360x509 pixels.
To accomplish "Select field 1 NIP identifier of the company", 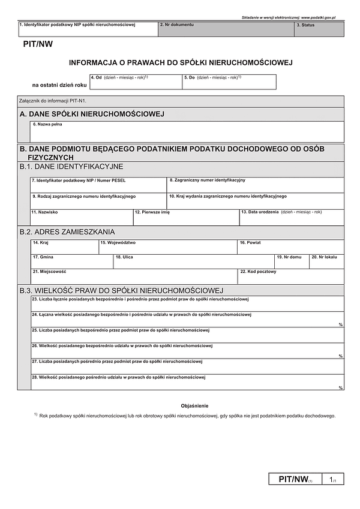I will pyautogui.click(x=88, y=29).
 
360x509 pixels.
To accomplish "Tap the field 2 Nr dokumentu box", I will pyautogui.click(x=226, y=29).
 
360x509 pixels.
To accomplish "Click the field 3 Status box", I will pyautogui.click(x=319, y=29).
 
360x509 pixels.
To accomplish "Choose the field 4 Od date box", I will pyautogui.click(x=135, y=82).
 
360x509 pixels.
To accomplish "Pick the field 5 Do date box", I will pyautogui.click(x=229, y=82).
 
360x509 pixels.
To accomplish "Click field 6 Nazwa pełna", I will pyautogui.click(x=187, y=132).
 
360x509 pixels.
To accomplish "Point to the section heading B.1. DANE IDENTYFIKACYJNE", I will pyautogui.click(x=71, y=166).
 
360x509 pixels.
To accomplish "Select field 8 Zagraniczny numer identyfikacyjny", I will pyautogui.click(x=255, y=185).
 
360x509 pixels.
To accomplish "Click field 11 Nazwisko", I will pyautogui.click(x=81, y=217).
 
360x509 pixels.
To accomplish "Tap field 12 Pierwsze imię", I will pyautogui.click(x=185, y=217).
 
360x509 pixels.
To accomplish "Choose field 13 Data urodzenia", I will pyautogui.click(x=292, y=217).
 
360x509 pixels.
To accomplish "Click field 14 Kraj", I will pyautogui.click(x=64, y=247).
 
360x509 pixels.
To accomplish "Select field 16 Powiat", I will pyautogui.click(x=290, y=247).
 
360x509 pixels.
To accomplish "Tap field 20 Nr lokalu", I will pyautogui.click(x=326, y=261).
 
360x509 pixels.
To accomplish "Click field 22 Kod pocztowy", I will pyautogui.click(x=291, y=276).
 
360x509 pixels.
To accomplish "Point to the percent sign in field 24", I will pyautogui.click(x=340, y=324).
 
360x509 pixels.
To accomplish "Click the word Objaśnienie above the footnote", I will pyautogui.click(x=194, y=406).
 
